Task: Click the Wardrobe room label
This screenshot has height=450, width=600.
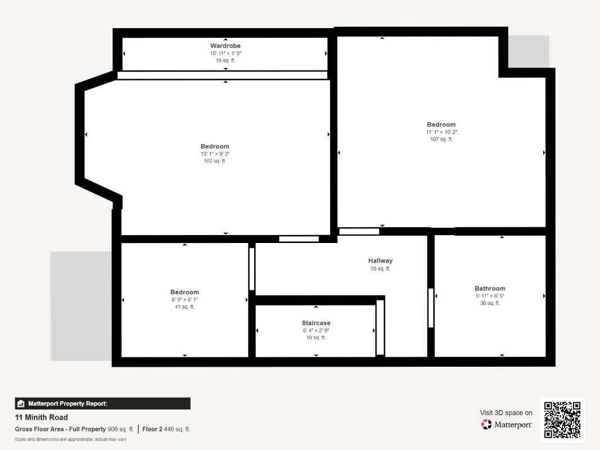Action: click(x=225, y=46)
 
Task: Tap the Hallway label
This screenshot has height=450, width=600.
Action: click(x=380, y=260)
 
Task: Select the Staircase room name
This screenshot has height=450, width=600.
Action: click(x=316, y=323)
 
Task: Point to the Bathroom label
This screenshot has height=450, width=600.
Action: click(x=490, y=289)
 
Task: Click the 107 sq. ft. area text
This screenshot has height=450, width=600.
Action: click(x=441, y=139)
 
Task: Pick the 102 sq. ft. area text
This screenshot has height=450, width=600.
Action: click(x=215, y=161)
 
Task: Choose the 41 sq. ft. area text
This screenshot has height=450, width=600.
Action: click(x=184, y=307)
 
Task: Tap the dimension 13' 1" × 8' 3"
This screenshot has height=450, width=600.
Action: click(x=215, y=154)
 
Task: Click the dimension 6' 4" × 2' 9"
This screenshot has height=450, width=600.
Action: click(x=316, y=331)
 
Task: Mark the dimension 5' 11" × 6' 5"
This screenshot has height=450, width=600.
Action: click(x=490, y=296)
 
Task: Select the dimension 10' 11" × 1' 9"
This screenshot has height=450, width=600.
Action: click(x=225, y=53)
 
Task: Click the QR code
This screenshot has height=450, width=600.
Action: click(x=562, y=420)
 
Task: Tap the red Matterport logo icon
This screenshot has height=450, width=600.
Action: click(x=486, y=424)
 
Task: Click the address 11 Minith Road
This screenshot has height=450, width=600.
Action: click(x=41, y=417)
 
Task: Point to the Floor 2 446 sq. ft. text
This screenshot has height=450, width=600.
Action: click(x=166, y=429)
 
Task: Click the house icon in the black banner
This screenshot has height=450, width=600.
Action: click(x=21, y=404)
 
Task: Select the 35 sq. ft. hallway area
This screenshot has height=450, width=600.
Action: click(x=380, y=269)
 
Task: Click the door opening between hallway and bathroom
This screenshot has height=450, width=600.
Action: click(x=431, y=308)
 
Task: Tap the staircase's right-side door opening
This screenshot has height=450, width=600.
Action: click(x=380, y=327)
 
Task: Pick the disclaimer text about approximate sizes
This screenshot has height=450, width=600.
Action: click(x=70, y=440)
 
